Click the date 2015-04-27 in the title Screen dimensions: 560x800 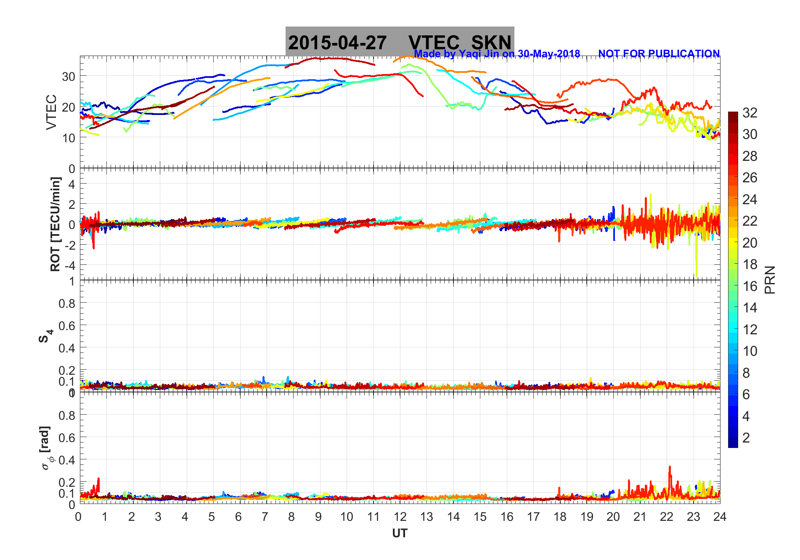337,43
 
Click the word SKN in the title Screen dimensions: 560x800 491,43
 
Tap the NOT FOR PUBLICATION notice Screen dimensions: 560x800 659,54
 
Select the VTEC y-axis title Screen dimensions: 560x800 51,112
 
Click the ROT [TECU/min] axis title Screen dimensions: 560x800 55,224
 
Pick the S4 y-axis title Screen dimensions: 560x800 45,336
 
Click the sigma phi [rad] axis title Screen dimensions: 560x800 45,448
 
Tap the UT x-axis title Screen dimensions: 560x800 400,533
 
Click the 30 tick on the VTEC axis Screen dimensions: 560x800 69,77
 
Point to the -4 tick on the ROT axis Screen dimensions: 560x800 69,265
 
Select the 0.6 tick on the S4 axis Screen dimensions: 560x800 66,326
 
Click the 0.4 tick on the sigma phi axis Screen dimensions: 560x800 66,460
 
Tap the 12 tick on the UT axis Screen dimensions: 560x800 400,517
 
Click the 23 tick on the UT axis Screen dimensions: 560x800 693,517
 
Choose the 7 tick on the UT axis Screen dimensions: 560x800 265,517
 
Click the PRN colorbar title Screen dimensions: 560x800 770,280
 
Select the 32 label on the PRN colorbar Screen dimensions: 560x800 750,113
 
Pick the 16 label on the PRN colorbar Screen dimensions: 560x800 750,286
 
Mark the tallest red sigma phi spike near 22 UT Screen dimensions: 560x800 670,467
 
